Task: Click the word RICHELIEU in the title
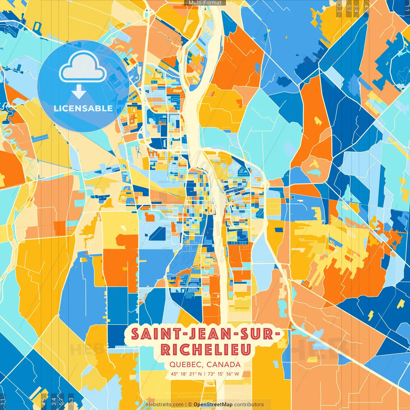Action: [x=206, y=350]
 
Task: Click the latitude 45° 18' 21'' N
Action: [x=186, y=374]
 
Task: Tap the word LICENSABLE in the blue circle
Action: [x=83, y=108]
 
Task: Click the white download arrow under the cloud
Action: [x=78, y=92]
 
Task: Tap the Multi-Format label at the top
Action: [x=205, y=3]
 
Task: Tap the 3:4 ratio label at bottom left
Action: [x=54, y=401]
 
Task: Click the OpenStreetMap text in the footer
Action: [x=213, y=405]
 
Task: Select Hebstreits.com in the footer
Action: [x=165, y=405]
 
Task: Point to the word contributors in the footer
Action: [x=249, y=405]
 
